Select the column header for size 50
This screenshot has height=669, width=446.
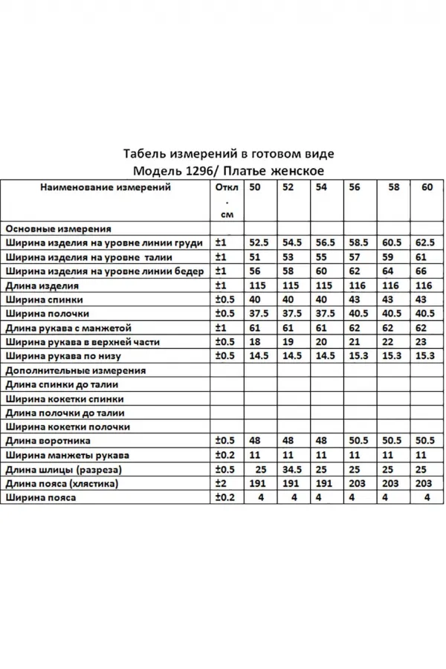[x=255, y=187]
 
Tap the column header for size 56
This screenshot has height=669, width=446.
[x=354, y=187]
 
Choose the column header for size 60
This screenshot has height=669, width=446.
[x=427, y=187]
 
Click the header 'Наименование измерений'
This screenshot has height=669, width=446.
[x=105, y=187]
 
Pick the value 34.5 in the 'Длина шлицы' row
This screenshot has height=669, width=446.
[x=293, y=470]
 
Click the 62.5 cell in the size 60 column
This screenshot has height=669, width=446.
[x=425, y=242]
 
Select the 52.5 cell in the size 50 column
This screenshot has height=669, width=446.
[x=259, y=242]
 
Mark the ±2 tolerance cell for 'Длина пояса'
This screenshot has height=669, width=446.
[x=220, y=484]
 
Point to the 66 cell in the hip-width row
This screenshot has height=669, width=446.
[x=421, y=271]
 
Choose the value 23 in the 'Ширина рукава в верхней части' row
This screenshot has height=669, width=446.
[x=421, y=342]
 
